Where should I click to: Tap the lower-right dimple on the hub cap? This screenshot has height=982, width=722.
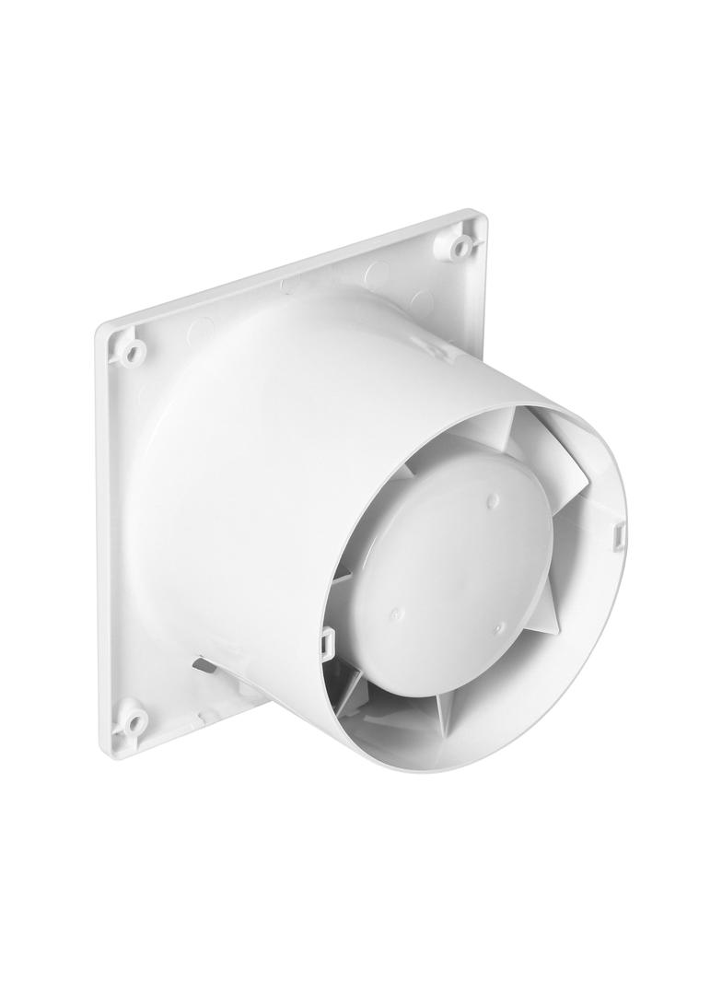coord(498,628)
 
